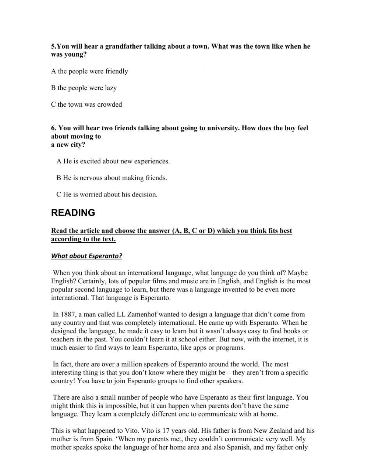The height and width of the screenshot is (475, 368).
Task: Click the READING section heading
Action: point(73,213)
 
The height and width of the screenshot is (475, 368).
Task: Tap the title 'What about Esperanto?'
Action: point(86,256)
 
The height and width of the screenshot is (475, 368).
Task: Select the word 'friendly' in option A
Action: point(116,71)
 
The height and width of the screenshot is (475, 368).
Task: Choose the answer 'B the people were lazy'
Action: point(84,88)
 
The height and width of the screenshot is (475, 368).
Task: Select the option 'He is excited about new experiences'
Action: point(113,161)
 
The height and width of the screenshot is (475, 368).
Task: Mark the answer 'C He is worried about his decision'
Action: point(107,194)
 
